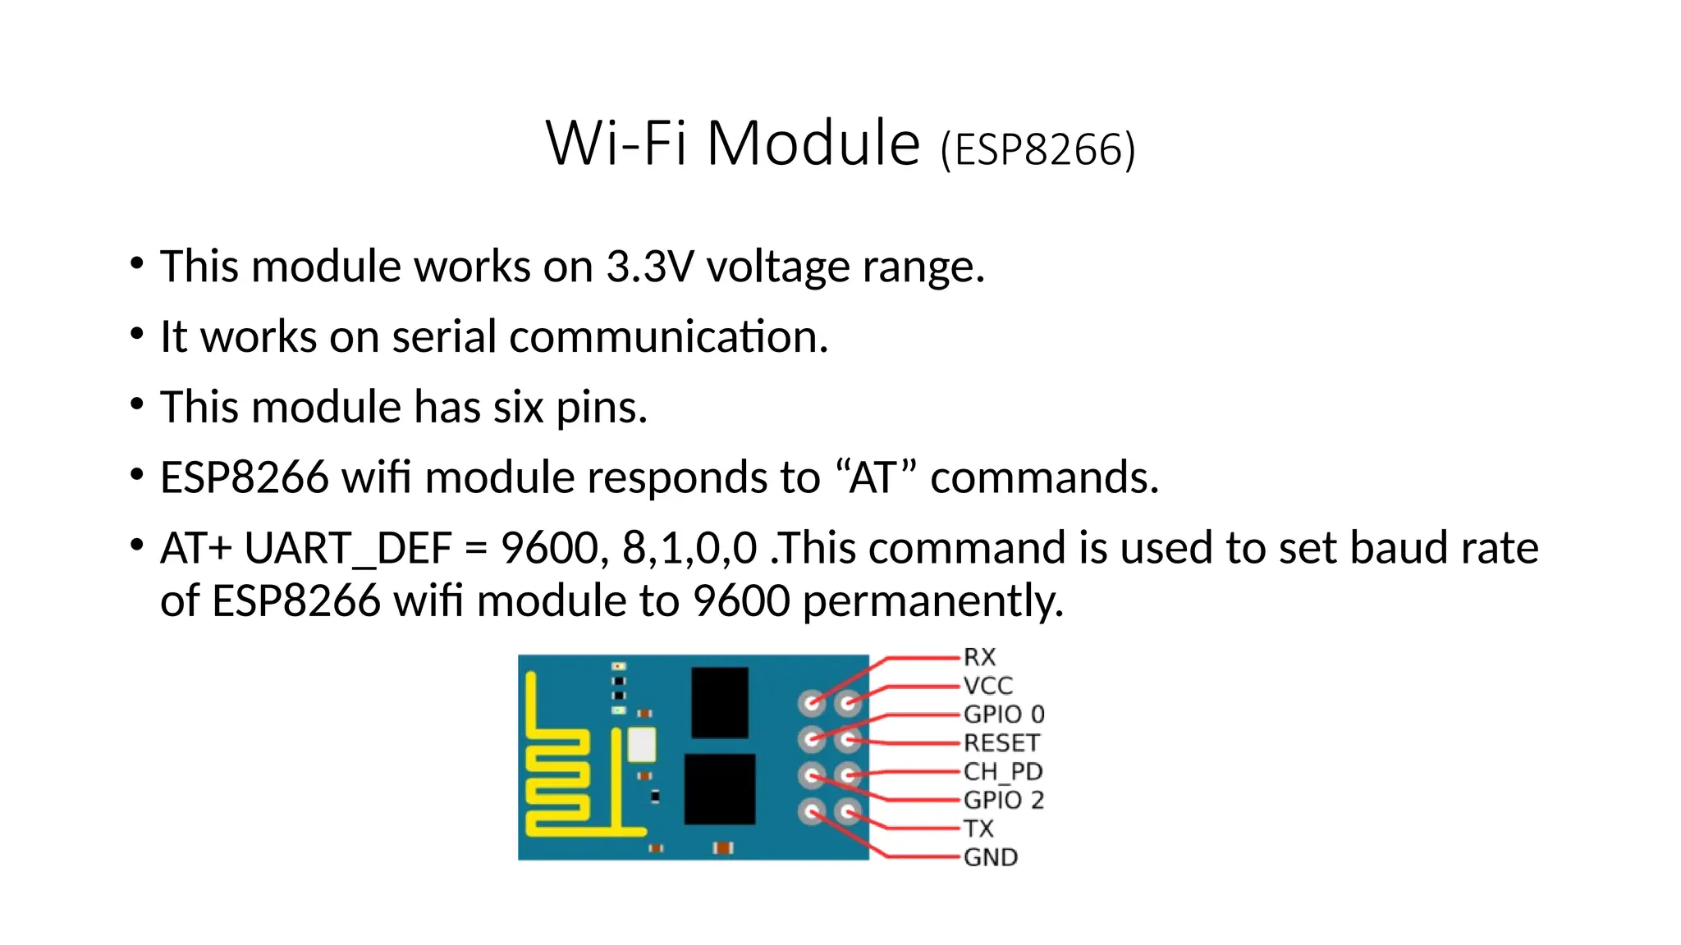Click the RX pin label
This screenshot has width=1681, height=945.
[x=979, y=657]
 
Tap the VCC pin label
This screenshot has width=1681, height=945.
[x=988, y=686]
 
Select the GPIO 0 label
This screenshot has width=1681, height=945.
[x=1004, y=714]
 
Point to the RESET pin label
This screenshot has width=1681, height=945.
[x=1001, y=743]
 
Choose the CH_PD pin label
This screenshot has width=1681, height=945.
[x=1003, y=772]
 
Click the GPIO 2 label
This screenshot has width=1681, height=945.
[x=1004, y=800]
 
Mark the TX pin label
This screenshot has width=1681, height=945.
[x=978, y=829]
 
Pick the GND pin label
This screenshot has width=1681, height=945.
[x=991, y=857]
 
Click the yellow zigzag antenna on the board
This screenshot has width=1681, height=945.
[x=558, y=779]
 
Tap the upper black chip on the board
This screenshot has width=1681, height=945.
[x=720, y=702]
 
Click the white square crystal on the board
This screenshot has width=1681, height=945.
[x=642, y=745]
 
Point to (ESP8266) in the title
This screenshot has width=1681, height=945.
[x=1038, y=150]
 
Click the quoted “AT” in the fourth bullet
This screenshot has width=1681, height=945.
[x=875, y=477]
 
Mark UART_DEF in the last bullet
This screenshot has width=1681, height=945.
[x=348, y=549]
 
